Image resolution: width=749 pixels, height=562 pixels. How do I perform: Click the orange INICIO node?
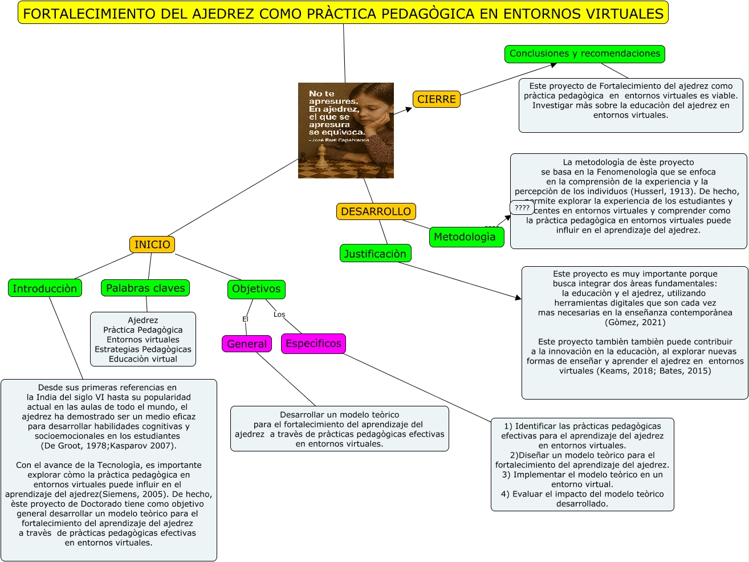[x=152, y=245]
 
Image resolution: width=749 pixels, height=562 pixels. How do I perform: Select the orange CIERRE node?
[x=437, y=99]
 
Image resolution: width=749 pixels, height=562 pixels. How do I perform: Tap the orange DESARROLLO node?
[x=376, y=211]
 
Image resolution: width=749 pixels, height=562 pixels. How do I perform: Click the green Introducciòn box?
[x=45, y=288]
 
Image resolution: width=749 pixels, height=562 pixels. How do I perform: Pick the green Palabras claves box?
[x=145, y=288]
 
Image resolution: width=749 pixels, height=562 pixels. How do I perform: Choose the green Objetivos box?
[x=257, y=289]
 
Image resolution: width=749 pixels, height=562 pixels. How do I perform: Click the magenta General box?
[x=247, y=344]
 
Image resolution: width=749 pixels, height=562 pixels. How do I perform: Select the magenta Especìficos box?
[x=314, y=344]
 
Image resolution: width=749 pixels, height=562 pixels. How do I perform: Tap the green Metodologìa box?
[x=465, y=237]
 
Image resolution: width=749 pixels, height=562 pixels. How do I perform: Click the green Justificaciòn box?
[x=375, y=254]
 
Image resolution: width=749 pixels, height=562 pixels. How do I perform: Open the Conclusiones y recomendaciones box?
[x=585, y=54]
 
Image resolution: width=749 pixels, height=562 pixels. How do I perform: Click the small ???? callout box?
[x=522, y=208]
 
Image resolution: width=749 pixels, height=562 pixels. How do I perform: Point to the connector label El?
[x=245, y=319]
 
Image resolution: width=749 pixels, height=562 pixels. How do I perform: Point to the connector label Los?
[x=279, y=315]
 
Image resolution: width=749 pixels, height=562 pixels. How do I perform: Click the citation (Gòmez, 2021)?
[x=635, y=323]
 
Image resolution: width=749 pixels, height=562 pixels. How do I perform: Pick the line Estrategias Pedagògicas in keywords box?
[x=143, y=349]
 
